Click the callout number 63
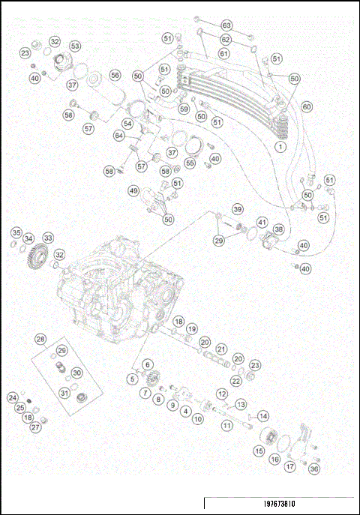coord(226,25)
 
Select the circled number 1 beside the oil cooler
coord(279,148)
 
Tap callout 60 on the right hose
coord(307,106)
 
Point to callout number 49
coord(133,191)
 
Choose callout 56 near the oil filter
coord(115,75)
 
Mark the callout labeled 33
coord(48,238)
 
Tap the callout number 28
coord(40,339)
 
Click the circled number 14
coord(263,415)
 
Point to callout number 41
coord(262,223)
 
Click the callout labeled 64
coord(118,136)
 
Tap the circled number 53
coord(75,46)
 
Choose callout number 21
coord(221,349)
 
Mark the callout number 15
coord(259,451)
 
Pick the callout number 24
coord(13,397)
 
